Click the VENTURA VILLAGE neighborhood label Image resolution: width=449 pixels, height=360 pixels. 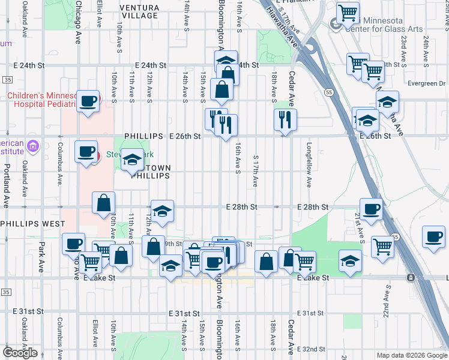click(x=139, y=11)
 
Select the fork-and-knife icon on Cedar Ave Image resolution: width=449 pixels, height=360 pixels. click(x=286, y=119)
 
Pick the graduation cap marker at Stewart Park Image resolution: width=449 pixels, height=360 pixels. click(x=133, y=160)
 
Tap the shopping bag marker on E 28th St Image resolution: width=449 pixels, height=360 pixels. click(x=103, y=203)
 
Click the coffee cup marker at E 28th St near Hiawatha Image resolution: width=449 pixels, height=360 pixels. click(x=372, y=209)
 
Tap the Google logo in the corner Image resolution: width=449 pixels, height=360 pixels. click(x=20, y=353)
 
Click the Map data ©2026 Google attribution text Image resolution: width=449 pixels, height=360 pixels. click(x=412, y=355)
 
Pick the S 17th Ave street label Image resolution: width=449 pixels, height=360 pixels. click(x=256, y=170)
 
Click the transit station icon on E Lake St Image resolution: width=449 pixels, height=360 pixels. click(x=411, y=278)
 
